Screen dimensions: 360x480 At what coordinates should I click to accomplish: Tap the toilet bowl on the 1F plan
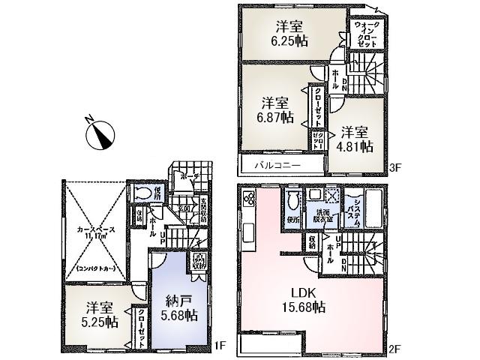tap(144, 193)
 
